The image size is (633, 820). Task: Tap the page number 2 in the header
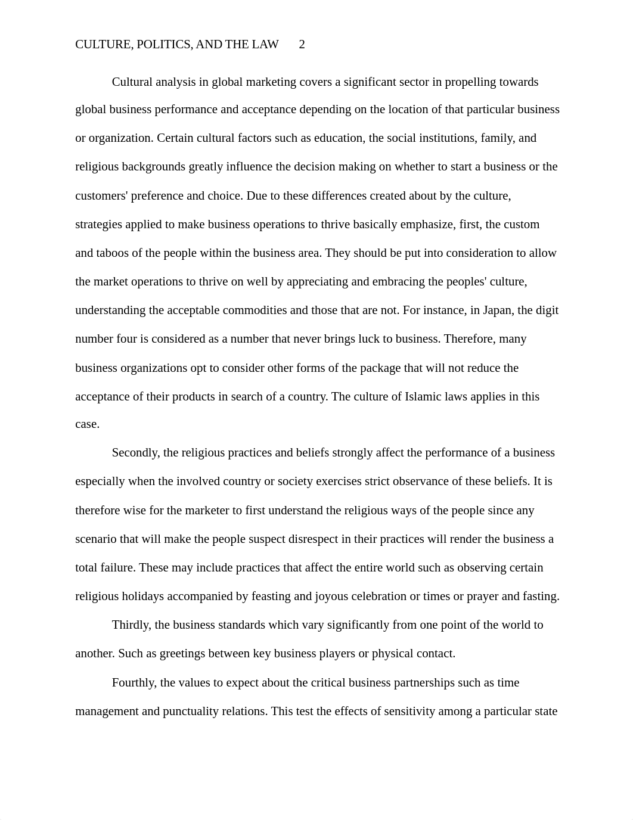[302, 45]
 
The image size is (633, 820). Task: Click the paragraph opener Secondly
[136, 453]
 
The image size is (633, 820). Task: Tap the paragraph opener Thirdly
[132, 625]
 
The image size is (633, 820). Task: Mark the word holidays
[144, 597]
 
